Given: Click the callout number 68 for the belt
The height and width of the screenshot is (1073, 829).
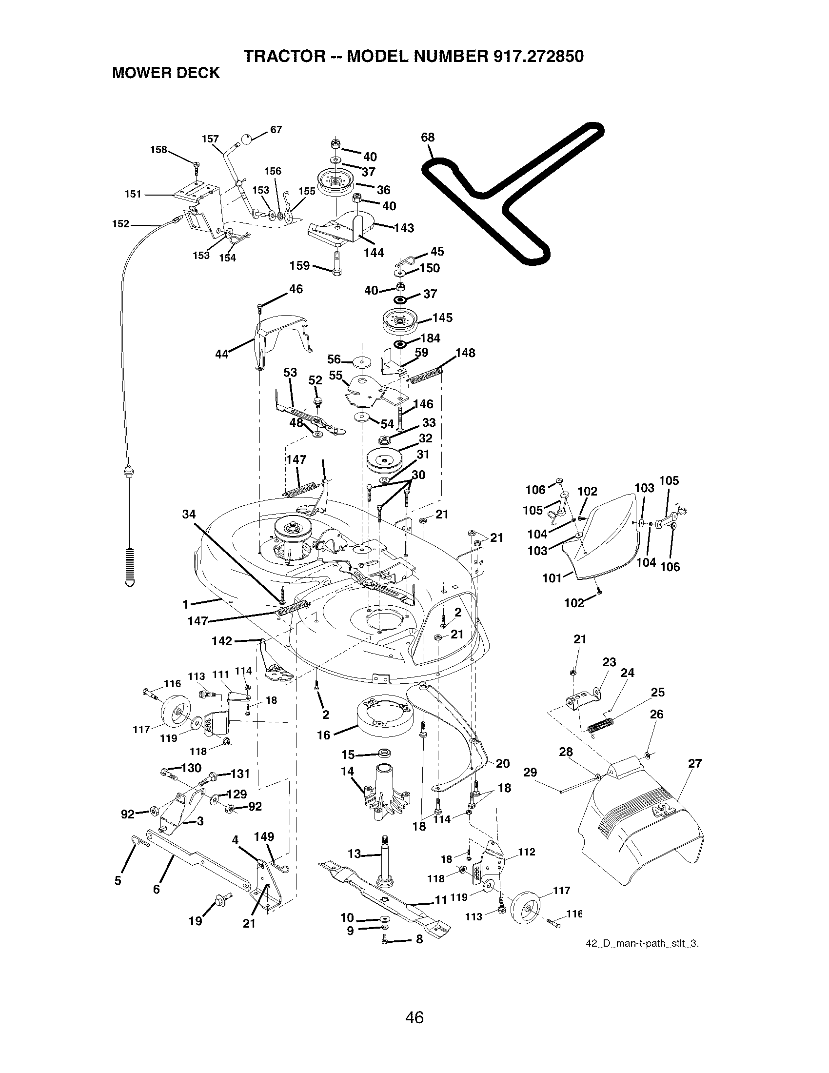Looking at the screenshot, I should tap(428, 138).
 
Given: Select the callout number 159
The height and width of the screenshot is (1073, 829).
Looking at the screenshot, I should tap(299, 266).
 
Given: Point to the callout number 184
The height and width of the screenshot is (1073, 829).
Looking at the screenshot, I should tap(430, 338).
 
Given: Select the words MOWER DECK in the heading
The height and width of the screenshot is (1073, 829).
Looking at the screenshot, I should tap(166, 73).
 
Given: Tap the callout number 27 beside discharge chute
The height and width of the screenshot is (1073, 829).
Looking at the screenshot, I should tap(695, 763).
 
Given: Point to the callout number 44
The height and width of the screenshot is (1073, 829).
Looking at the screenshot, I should tap(222, 354).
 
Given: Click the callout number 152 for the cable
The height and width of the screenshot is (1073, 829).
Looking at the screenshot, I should tap(120, 224).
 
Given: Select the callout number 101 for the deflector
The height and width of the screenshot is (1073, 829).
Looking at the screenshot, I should tap(552, 578).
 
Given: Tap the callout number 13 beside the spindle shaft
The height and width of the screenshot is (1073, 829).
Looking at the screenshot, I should tap(354, 854).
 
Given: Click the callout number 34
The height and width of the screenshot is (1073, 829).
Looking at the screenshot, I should tap(189, 515).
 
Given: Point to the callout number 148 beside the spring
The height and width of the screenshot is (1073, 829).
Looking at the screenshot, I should tap(465, 353).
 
